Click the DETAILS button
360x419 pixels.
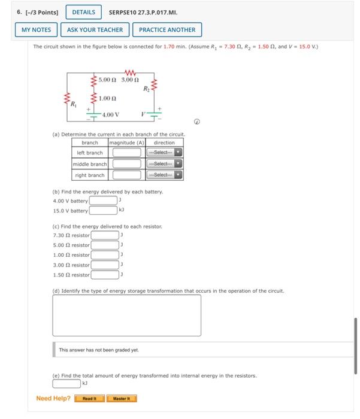click(83, 12)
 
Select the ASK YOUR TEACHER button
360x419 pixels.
click(95, 29)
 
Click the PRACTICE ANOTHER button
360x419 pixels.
click(167, 29)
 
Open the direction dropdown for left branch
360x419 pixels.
click(165, 153)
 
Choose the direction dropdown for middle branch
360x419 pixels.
click(165, 164)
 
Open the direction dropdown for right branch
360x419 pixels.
click(165, 175)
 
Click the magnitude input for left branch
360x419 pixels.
click(126, 153)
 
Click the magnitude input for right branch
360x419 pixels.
click(126, 175)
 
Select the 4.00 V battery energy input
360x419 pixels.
click(103, 201)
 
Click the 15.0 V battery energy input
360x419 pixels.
click(103, 210)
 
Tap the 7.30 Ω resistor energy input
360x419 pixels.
click(105, 235)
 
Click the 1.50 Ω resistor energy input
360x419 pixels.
click(105, 275)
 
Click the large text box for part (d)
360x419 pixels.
click(126, 315)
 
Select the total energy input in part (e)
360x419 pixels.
click(66, 383)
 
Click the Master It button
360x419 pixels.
click(122, 399)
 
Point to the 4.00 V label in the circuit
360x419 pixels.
click(111, 114)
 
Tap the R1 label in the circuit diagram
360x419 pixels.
click(74, 104)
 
